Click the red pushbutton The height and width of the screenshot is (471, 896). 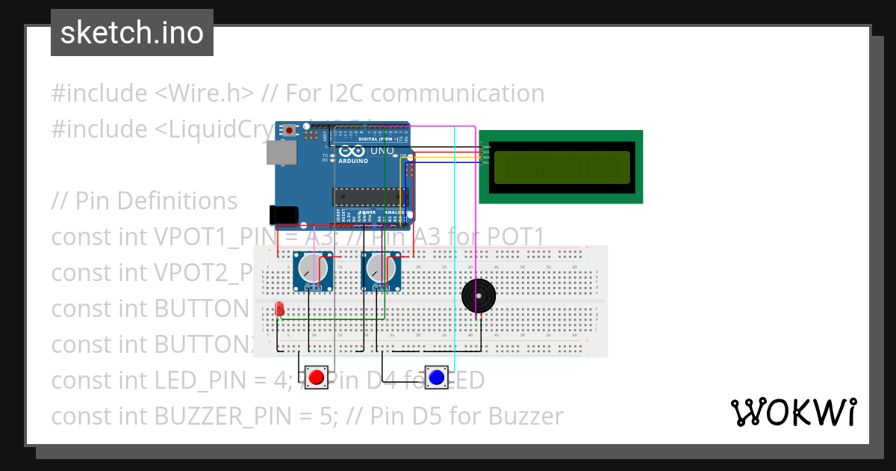pos(317,377)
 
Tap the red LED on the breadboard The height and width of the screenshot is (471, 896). pos(279,308)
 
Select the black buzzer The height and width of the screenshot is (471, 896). pos(478,296)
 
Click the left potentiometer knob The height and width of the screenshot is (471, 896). pos(312,268)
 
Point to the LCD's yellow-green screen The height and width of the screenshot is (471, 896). pos(561,167)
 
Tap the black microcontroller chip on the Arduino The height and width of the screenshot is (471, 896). pos(362,197)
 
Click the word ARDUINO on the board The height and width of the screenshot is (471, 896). pos(353,161)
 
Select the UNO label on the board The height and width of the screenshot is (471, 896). pos(382,150)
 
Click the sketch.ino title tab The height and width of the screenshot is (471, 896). pos(132,33)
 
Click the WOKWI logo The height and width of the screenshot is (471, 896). pos(793,412)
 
